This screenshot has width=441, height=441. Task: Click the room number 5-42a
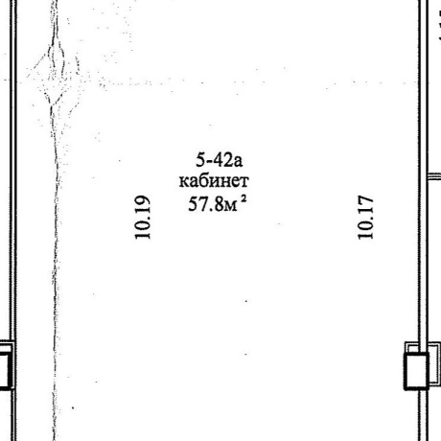coord(220,160)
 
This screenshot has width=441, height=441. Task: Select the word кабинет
coord(214,181)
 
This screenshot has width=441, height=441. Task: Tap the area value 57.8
coord(206,204)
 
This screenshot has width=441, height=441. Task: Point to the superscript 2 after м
coord(244,198)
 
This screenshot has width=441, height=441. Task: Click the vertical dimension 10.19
coord(142,217)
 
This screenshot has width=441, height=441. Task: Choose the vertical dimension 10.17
coord(365,217)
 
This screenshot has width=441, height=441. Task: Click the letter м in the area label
coord(231,206)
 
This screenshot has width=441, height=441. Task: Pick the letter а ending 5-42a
coord(238,162)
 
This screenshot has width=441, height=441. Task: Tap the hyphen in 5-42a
coord(208,162)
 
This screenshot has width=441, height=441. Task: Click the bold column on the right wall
coord(416,371)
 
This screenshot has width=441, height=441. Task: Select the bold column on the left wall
coord(6,371)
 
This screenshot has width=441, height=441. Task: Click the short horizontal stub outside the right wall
coord(434,176)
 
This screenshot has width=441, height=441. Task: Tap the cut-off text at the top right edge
coord(439,26)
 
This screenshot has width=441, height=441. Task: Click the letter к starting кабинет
coord(183,182)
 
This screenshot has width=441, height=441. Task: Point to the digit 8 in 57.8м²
coord(220,204)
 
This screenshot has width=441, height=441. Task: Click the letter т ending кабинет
coord(244,182)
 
